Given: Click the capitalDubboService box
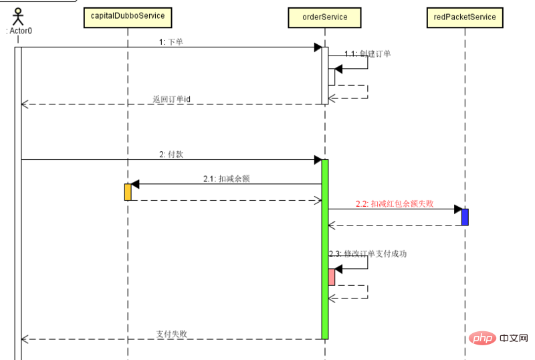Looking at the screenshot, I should [127, 17].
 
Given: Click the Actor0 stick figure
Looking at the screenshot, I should [19, 15].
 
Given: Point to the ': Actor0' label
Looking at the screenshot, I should [19, 31].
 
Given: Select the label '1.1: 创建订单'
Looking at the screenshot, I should [368, 54].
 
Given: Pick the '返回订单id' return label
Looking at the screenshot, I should [171, 99].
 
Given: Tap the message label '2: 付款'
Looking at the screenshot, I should [171, 154].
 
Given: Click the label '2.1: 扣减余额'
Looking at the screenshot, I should [227, 179].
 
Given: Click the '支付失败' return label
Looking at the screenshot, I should [171, 333].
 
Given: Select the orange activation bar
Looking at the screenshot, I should [127, 192].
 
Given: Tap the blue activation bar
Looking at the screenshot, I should [465, 217].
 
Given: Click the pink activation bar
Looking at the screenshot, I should [331, 276].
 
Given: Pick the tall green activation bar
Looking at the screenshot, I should [325, 249].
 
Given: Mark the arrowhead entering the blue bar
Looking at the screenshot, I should [457, 209].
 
